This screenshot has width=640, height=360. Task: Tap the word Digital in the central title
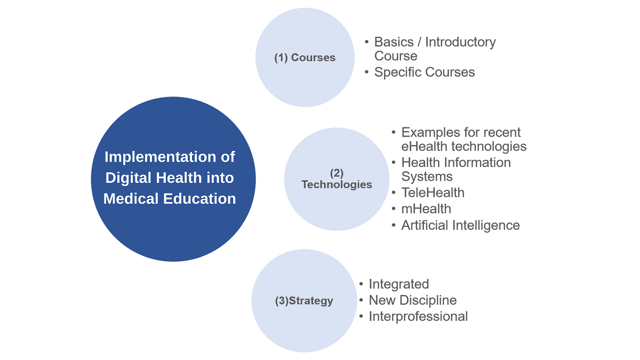tap(129, 178)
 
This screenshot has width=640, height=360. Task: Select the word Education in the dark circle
tap(199, 198)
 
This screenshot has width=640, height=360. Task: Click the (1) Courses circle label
tap(305, 58)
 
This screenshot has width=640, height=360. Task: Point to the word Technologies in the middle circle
tap(337, 185)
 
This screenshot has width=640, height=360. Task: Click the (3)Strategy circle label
tap(304, 301)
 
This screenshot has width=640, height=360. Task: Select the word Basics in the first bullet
tap(394, 42)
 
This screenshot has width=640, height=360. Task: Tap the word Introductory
tap(461, 42)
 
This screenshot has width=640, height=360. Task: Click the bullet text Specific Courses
tap(425, 73)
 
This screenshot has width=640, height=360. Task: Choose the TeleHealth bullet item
tap(433, 193)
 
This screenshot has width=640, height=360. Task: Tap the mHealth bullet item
tap(426, 209)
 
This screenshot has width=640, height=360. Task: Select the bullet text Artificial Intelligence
tap(461, 226)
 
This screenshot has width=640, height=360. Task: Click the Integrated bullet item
tap(399, 284)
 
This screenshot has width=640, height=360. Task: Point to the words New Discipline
tap(413, 300)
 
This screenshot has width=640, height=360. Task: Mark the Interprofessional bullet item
tap(418, 317)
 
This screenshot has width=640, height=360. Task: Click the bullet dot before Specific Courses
tap(366, 73)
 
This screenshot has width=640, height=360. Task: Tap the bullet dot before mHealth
tap(394, 209)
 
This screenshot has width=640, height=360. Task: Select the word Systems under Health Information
tap(427, 177)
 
